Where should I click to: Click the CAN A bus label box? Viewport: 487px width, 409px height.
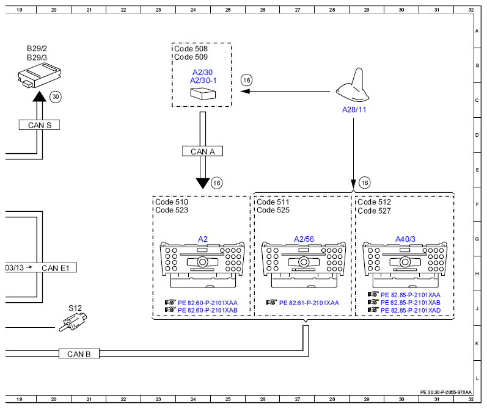click(x=202, y=151)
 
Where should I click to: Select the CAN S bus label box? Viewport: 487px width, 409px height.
click(x=40, y=125)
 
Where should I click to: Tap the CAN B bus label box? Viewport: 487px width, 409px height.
click(x=79, y=354)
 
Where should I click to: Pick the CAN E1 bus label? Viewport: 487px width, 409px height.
click(x=55, y=268)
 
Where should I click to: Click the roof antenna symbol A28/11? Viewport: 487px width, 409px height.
click(x=353, y=86)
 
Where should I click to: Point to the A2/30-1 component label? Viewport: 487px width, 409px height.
click(x=203, y=81)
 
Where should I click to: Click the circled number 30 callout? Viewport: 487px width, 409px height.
click(x=56, y=97)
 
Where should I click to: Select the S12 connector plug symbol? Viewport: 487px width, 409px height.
click(x=73, y=322)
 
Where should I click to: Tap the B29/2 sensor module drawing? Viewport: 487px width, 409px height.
click(x=40, y=76)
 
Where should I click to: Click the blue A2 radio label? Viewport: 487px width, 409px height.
click(x=202, y=239)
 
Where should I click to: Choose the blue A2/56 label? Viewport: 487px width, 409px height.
click(x=304, y=239)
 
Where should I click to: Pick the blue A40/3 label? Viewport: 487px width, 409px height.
click(x=405, y=239)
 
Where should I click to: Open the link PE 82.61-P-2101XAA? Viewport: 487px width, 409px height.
click(x=309, y=303)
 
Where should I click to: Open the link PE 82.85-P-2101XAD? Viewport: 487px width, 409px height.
click(x=411, y=310)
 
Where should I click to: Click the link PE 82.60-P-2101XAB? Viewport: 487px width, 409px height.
click(x=208, y=310)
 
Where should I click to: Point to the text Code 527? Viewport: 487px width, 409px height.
click(x=374, y=211)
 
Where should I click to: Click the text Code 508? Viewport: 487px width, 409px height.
click(x=191, y=49)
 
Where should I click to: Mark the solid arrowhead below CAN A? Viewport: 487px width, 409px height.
click(x=202, y=183)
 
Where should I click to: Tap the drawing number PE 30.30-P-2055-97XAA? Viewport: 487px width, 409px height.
click(x=445, y=393)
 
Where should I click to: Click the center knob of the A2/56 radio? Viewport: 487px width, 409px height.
click(x=304, y=262)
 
